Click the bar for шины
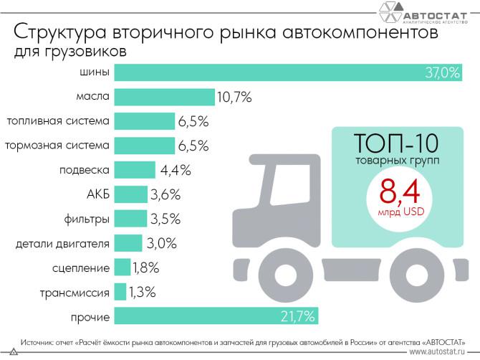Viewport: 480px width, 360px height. (x=272, y=72)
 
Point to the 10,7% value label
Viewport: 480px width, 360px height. (x=234, y=97)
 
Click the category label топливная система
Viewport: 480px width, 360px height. (x=57, y=120)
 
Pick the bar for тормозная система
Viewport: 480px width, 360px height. (x=144, y=145)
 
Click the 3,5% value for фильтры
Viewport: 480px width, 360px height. (x=165, y=219)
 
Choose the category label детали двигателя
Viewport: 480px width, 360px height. (x=62, y=243)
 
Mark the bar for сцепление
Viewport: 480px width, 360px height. (x=122, y=267)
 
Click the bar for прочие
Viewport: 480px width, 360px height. (x=215, y=316)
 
